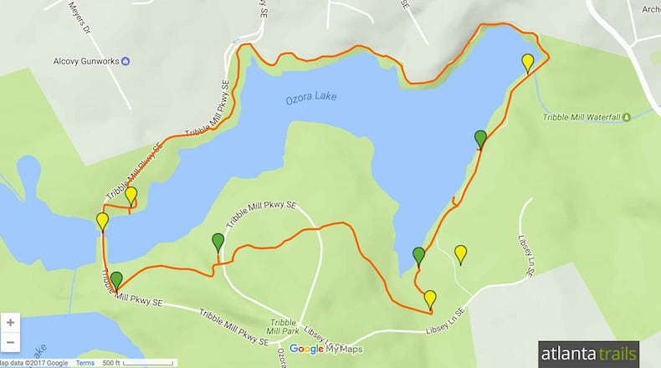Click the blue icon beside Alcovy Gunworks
pos(126,60)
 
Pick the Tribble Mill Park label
pos(282,327)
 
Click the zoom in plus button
pos(10,322)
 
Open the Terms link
pos(85,362)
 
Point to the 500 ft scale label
pos(111,362)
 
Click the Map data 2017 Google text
pos(33,362)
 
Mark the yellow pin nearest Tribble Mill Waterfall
pos(527,62)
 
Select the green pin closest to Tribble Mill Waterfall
pos(480,138)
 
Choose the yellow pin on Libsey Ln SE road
pos(430,298)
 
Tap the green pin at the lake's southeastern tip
pos(419,256)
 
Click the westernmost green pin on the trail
pos(116,280)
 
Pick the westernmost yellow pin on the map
pos(102,222)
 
